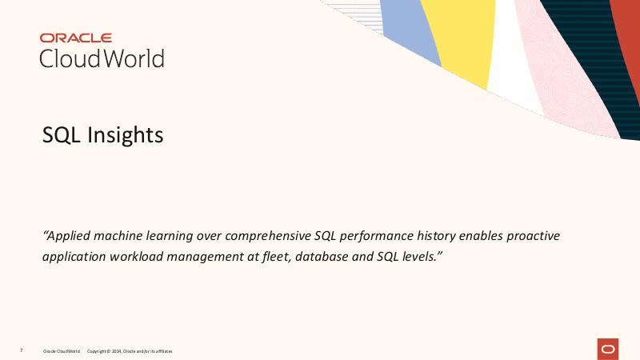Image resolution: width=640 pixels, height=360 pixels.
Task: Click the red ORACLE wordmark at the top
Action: click(x=76, y=38)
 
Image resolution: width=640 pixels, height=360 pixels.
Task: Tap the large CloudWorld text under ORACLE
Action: click(x=102, y=58)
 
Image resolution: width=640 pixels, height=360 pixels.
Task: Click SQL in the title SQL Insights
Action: click(x=62, y=135)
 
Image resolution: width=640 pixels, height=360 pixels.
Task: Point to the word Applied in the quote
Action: click(x=70, y=236)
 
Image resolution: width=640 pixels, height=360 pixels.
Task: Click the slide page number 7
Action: click(x=22, y=350)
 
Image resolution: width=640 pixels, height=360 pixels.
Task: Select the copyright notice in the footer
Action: click(x=129, y=351)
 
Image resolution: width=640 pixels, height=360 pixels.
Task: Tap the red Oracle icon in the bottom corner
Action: click(x=608, y=349)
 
